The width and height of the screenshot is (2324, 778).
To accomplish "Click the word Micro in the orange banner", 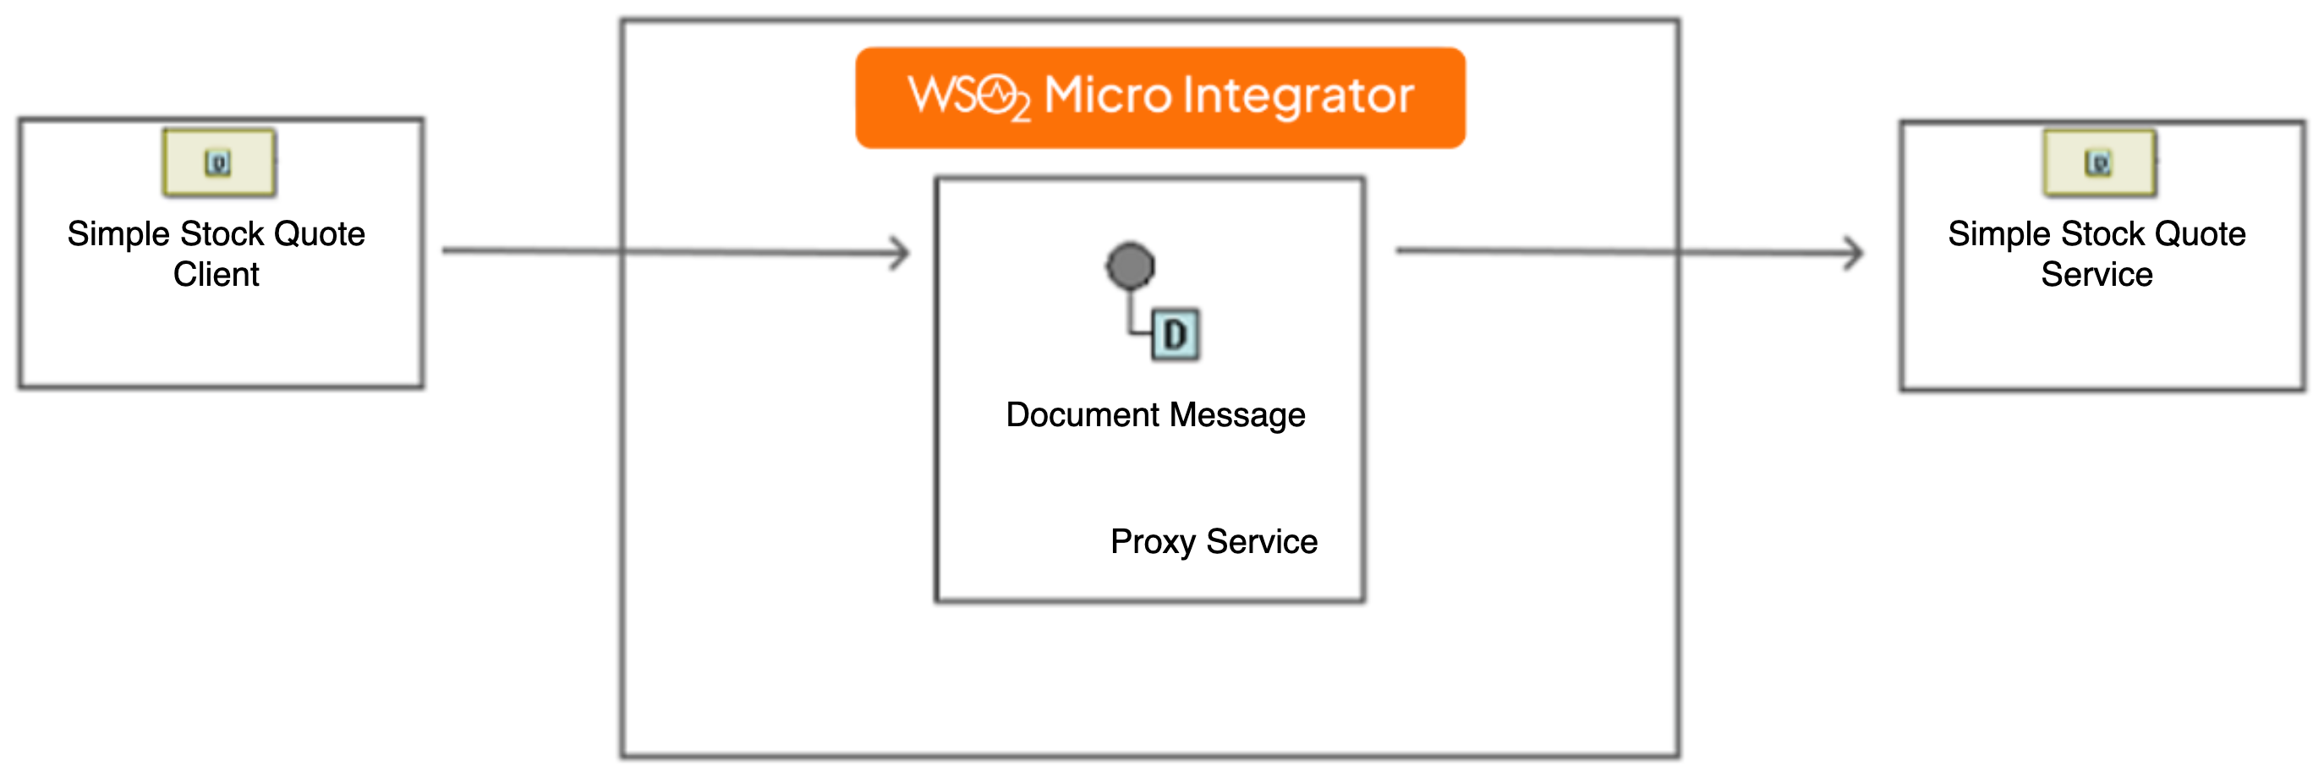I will coord(1107,96).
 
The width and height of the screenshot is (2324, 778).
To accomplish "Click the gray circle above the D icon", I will coord(1130,266).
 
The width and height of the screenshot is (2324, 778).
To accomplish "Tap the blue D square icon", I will coord(1175,335).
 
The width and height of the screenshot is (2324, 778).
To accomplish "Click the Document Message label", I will coord(1154,415).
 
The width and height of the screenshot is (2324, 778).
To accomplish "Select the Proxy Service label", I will coord(1214,541).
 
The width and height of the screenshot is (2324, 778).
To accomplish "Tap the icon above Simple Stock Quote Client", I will coord(218,163).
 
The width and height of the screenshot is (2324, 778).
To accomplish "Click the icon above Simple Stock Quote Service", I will coord(2098,163).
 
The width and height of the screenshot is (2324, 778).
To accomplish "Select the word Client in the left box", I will coord(216,274).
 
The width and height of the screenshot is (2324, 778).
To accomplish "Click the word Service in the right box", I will coord(2097,274).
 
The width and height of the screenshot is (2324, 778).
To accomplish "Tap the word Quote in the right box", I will coord(2200,233).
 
